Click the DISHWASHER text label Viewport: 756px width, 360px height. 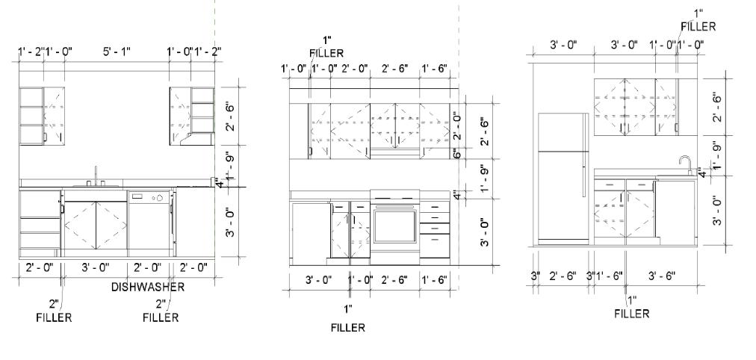pyautogui.click(x=148, y=287)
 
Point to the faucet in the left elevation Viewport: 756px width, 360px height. pyautogui.click(x=96, y=175)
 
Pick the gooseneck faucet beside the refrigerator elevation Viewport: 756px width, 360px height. pyautogui.click(x=684, y=164)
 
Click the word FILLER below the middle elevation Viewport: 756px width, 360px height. pyautogui.click(x=347, y=328)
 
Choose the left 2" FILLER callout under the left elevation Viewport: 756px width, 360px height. pyautogui.click(x=54, y=311)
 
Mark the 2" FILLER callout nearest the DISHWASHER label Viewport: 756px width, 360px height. pyautogui.click(x=161, y=311)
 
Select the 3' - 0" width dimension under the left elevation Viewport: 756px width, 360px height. pyautogui.click(x=95, y=267)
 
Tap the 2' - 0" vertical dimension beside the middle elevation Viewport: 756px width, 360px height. pyautogui.click(x=456, y=123)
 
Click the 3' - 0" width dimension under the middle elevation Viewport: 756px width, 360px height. pyautogui.click(x=319, y=280)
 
